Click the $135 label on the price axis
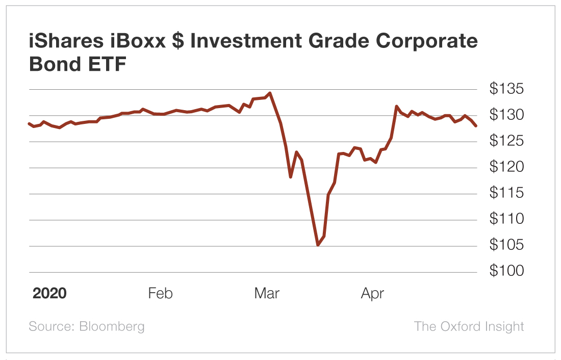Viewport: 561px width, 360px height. click(x=506, y=89)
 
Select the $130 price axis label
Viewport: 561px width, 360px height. click(x=506, y=115)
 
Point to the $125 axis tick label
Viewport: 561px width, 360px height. click(x=506, y=141)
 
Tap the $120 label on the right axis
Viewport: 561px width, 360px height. click(x=506, y=167)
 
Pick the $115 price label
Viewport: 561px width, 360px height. click(x=506, y=193)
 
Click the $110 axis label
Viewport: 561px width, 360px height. click(x=506, y=219)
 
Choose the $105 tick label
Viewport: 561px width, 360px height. click(x=506, y=245)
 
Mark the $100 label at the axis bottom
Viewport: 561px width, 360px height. click(x=506, y=271)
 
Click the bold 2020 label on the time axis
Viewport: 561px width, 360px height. click(x=49, y=294)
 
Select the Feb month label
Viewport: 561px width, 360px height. click(x=160, y=294)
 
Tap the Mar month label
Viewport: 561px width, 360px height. click(x=267, y=294)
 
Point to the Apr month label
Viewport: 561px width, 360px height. click(x=372, y=294)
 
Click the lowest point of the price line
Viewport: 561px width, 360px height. click(x=318, y=245)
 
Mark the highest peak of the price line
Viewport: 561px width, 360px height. click(x=270, y=93)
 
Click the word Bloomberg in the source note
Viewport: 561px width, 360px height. click(x=112, y=326)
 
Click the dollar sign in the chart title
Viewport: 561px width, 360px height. click(x=178, y=42)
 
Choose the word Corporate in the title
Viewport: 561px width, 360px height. click(x=428, y=42)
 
